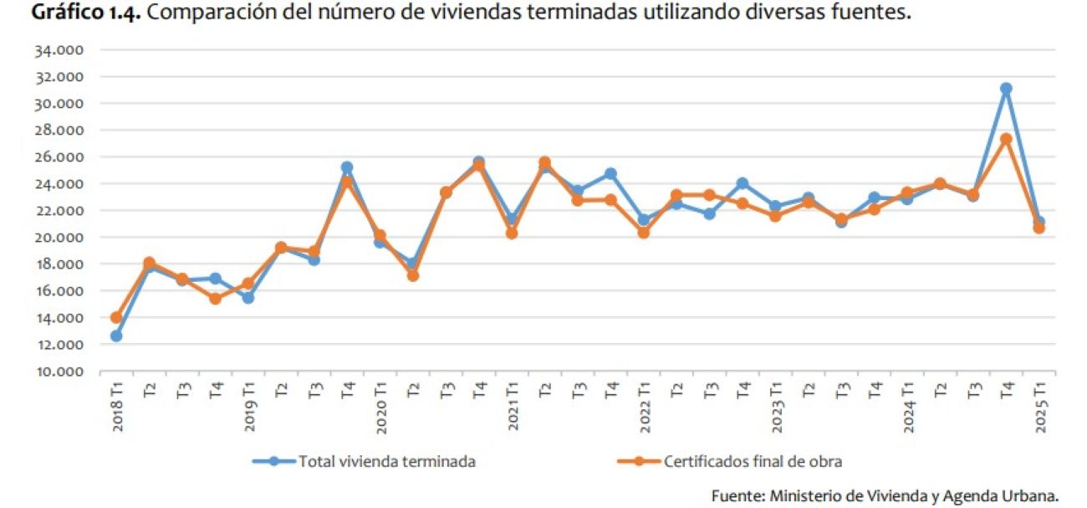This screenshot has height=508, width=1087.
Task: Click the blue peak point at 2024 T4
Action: (1006, 89)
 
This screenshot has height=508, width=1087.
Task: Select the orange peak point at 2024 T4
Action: (1006, 140)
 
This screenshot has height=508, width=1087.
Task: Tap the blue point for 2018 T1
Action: (116, 336)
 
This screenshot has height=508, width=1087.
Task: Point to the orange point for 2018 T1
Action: (116, 318)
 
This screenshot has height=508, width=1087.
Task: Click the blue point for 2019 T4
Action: (347, 167)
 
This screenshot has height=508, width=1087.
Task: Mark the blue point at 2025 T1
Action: (1039, 223)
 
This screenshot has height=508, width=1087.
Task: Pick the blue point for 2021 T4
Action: (610, 174)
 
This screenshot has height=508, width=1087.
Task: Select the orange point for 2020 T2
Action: (413, 275)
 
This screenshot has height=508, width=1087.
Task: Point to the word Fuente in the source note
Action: (734, 495)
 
